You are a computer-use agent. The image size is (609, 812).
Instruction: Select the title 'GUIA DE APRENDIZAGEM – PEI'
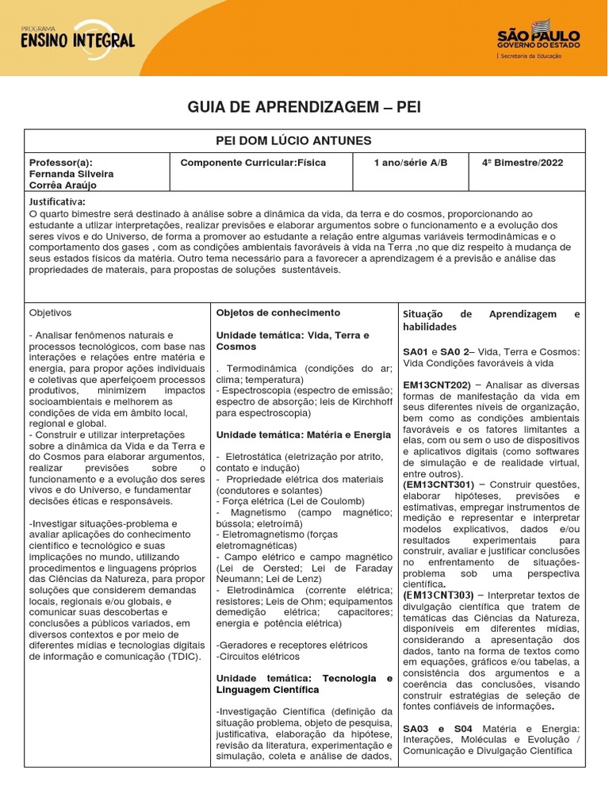click(304, 107)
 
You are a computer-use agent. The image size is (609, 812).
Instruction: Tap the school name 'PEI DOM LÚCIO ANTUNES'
click(294, 141)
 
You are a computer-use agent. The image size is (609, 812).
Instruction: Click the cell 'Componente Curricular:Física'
click(253, 163)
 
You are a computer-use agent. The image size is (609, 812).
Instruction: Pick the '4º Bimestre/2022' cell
click(522, 163)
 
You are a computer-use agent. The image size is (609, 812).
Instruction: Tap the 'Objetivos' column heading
click(50, 313)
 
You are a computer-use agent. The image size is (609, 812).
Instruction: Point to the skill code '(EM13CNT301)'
click(439, 484)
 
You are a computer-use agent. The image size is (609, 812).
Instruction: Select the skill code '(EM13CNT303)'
click(439, 595)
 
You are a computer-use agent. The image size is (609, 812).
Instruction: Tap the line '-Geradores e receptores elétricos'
click(281, 645)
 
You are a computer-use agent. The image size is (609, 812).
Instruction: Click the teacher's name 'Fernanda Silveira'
click(71, 174)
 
